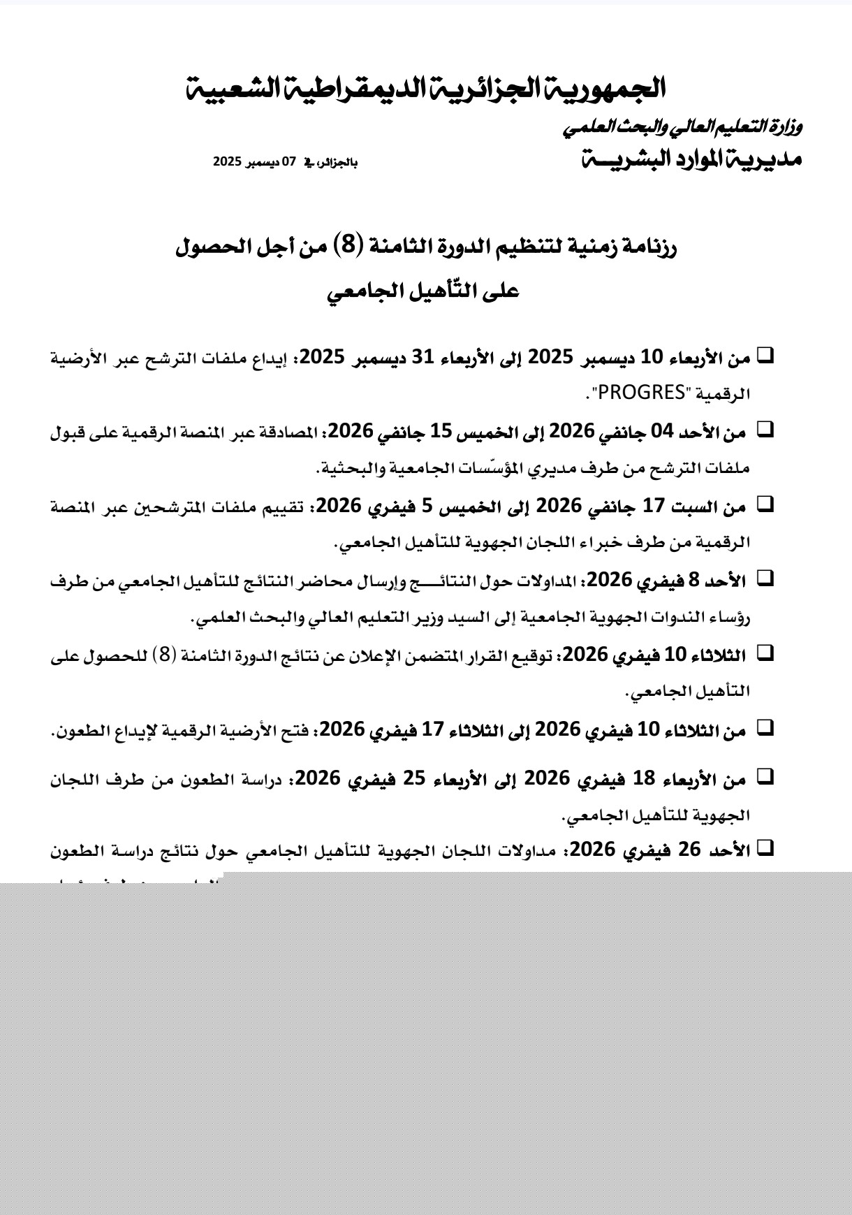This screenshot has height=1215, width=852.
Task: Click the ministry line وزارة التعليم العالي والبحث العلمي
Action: (682, 127)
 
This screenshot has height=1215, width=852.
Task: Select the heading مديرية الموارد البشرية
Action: (692, 160)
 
